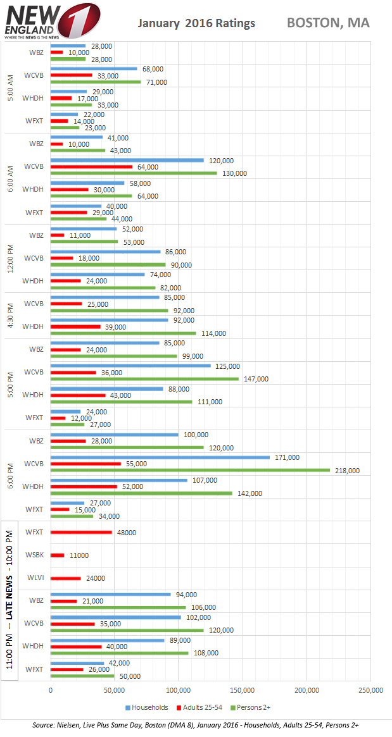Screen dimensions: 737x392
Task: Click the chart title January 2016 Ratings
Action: pos(197,23)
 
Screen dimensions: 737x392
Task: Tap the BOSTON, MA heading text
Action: pos(328,23)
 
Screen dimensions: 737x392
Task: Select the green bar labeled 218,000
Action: pos(190,470)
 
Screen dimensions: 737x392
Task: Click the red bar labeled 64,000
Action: pos(92,167)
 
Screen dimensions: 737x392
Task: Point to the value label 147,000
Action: pos(256,379)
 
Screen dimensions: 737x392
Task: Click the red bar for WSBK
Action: pos(58,555)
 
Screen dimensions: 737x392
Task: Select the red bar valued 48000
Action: pos(82,532)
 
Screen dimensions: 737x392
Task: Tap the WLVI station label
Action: pos(35,578)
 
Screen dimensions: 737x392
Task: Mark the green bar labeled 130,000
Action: pos(134,173)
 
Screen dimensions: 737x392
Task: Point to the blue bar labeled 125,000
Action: pos(130,366)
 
